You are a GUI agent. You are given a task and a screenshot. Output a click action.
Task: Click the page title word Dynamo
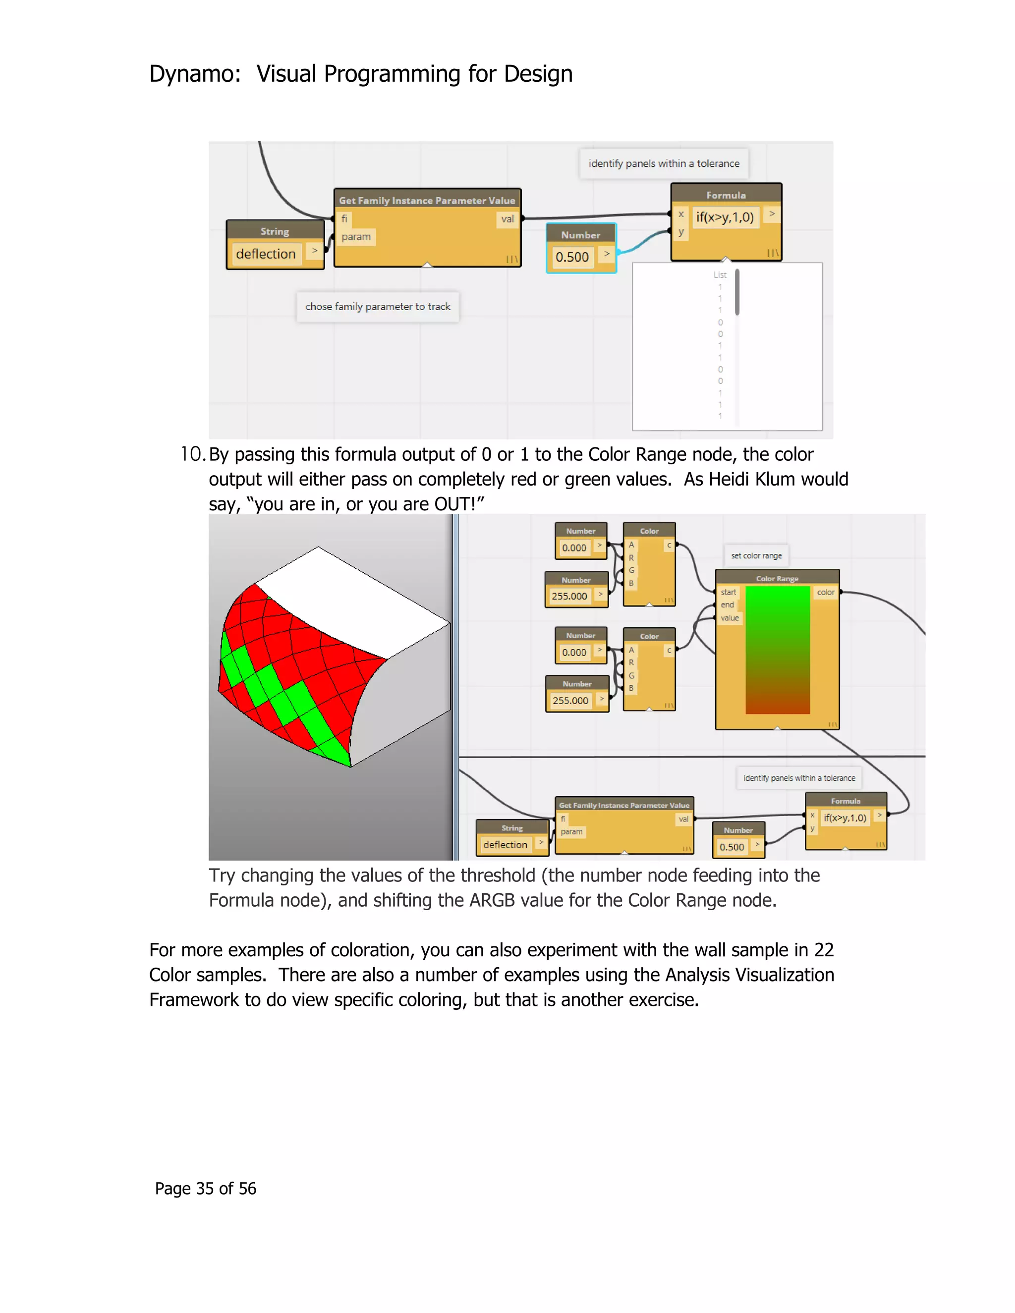coord(194,74)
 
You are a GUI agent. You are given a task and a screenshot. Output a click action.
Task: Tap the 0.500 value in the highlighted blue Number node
coord(572,257)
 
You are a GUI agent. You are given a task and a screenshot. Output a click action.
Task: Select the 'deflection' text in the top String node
coord(266,254)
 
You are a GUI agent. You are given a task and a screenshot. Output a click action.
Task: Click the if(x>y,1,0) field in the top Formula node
coord(725,218)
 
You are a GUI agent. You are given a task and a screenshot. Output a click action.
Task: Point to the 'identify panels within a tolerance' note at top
coord(664,164)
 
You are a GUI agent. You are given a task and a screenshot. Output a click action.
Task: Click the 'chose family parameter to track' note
coord(378,307)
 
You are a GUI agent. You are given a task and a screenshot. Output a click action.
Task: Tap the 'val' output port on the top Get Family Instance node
coord(507,219)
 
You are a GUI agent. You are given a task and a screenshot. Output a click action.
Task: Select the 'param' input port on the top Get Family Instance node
coord(356,237)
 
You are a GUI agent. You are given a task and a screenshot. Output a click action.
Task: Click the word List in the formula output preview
coord(720,275)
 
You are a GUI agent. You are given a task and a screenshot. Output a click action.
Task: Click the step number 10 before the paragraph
coord(192,454)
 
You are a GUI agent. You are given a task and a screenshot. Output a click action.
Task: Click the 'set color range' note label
coord(756,555)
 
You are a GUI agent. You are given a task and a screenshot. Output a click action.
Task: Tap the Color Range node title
coord(777,578)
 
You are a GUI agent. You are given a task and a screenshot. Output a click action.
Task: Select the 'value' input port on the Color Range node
coord(730,618)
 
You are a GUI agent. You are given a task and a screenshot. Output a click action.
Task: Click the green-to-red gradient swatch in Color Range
coord(778,649)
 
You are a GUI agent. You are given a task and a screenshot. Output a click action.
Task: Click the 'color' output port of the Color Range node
coord(826,592)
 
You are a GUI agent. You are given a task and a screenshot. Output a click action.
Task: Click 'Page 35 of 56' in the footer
coord(206,1188)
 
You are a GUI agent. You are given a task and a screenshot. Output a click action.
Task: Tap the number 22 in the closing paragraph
coord(824,950)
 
